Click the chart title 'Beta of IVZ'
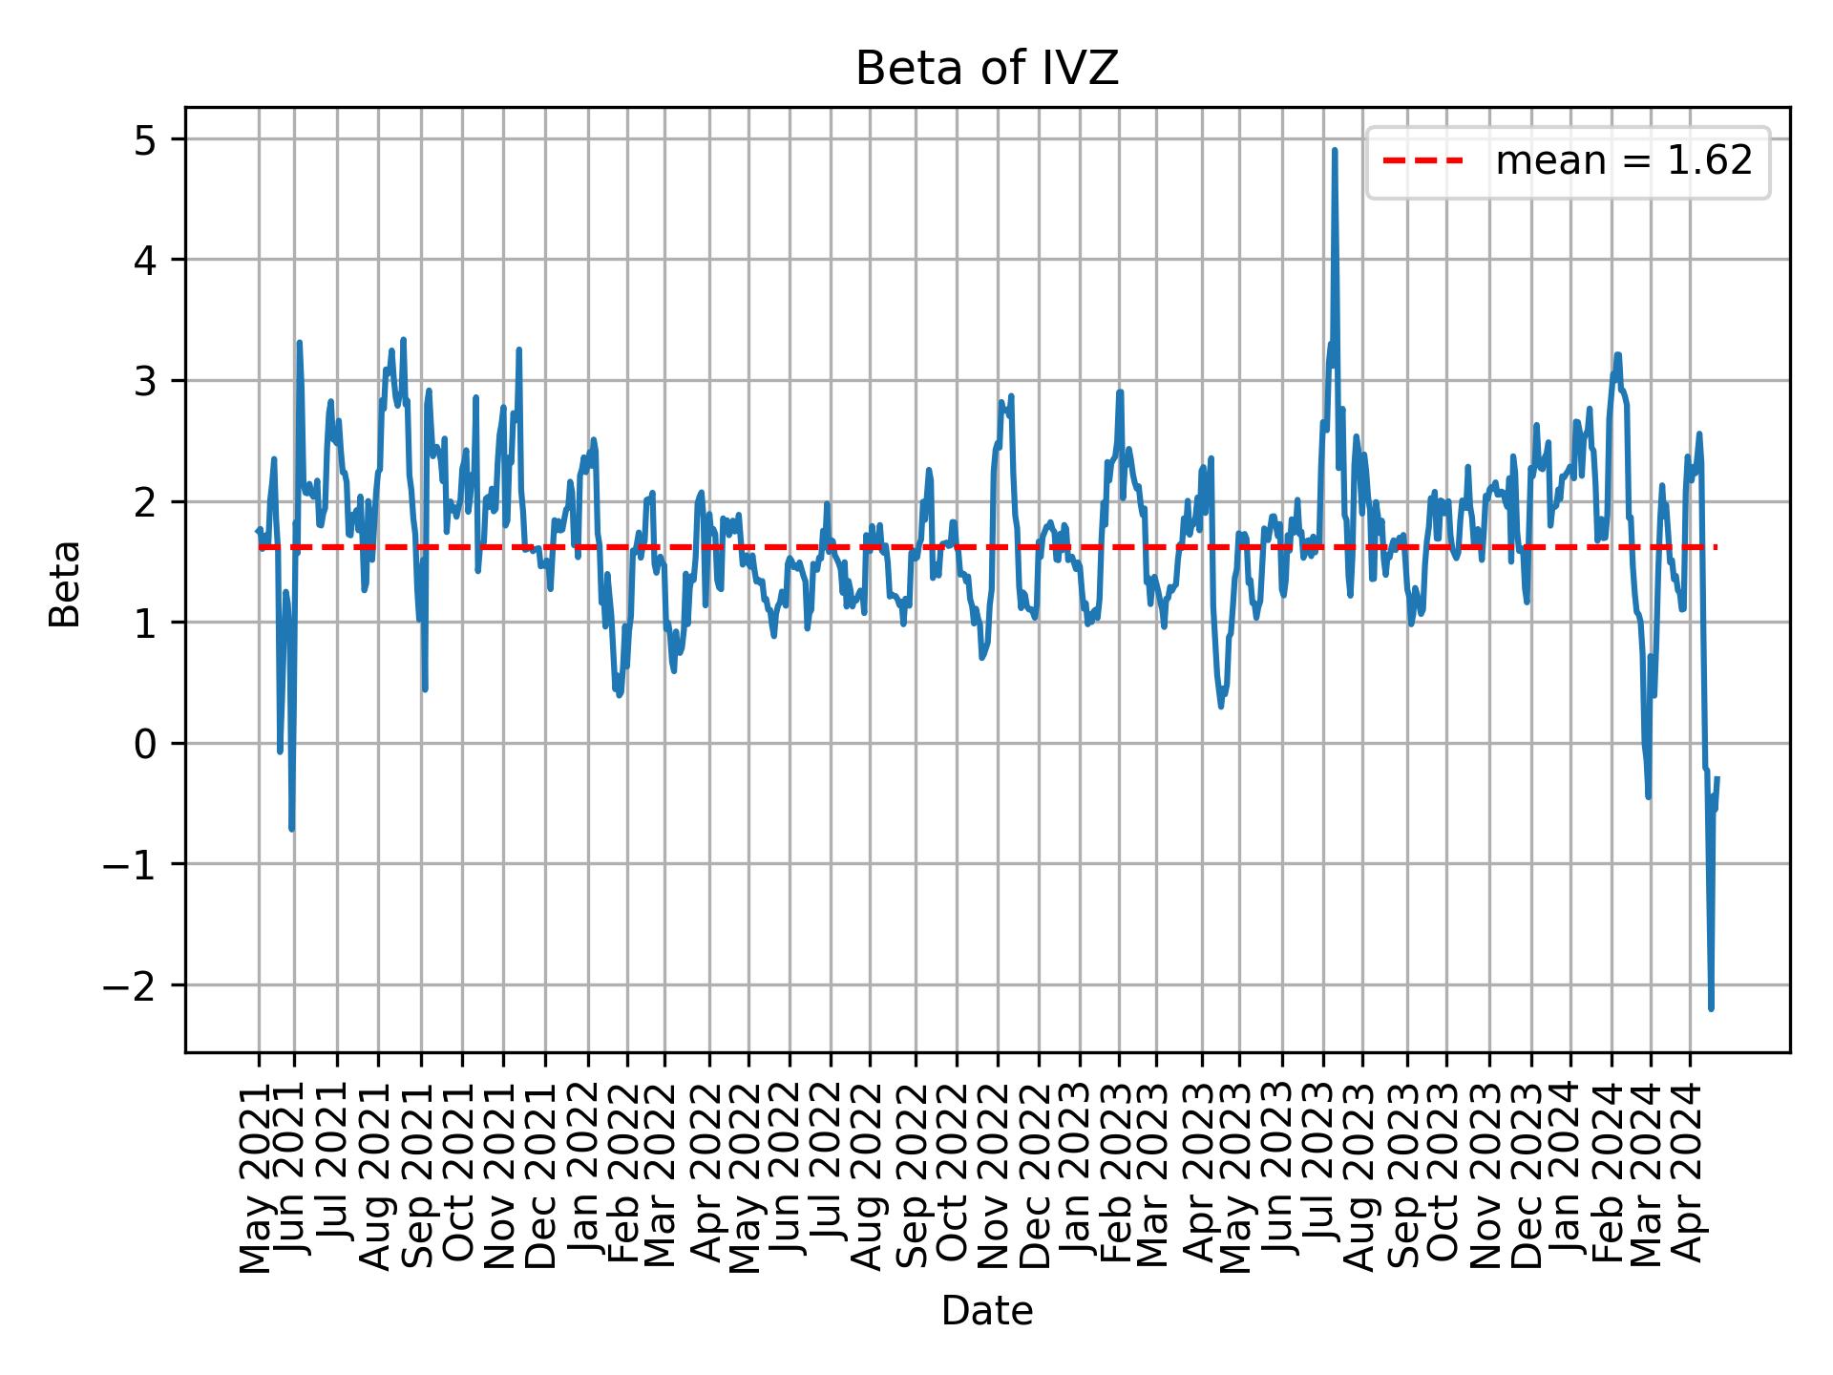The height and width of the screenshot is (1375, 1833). coord(986,70)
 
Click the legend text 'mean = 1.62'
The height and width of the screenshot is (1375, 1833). coord(1623,161)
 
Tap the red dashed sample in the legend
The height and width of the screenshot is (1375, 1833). coord(1422,161)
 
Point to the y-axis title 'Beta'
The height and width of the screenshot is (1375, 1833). coord(65,583)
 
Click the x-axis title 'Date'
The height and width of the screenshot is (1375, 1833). coord(986,1312)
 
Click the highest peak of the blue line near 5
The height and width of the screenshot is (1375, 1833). coord(1334,151)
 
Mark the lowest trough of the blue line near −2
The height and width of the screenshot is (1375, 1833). coord(1711,1007)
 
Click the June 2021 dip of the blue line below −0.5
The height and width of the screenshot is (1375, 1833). coord(291,828)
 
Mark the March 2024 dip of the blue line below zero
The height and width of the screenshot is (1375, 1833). coord(1648,795)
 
